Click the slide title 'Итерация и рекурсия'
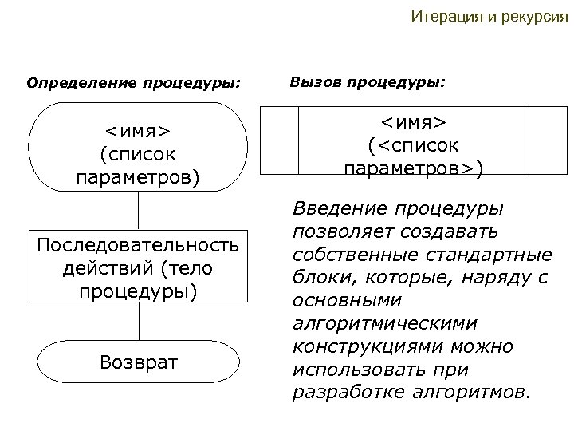pos(489,17)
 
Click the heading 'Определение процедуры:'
pos(134,82)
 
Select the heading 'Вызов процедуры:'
pos(368,81)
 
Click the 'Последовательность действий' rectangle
pos(139,267)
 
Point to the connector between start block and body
pos(139,211)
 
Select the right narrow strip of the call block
pos(547,140)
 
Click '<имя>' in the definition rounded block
pos(139,131)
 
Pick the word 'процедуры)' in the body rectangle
pos(139,291)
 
